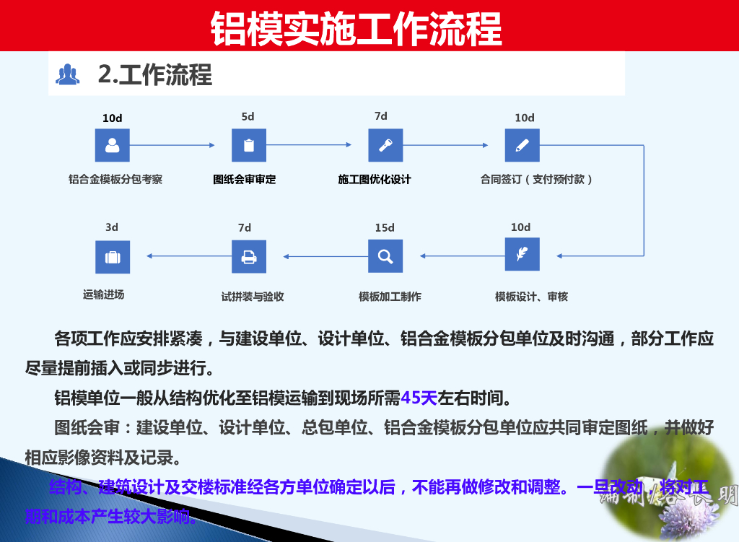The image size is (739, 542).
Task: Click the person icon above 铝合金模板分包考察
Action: click(112, 145)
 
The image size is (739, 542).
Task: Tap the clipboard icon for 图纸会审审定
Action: click(249, 145)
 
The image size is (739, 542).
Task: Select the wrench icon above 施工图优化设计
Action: click(385, 145)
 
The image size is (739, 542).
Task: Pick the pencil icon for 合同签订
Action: click(522, 145)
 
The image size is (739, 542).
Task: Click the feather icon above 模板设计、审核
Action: click(522, 255)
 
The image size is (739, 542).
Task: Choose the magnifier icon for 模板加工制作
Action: click(385, 255)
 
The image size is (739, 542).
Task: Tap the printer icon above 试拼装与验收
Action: click(249, 255)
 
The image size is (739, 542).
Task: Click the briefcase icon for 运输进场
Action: click(112, 257)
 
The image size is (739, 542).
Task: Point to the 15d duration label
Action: click(385, 228)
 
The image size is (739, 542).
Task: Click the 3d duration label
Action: click(112, 227)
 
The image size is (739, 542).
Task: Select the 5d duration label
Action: click(248, 116)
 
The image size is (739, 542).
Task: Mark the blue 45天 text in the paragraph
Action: click(419, 398)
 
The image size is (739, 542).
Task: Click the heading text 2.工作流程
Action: click(155, 74)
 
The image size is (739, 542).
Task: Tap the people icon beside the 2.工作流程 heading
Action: click(68, 74)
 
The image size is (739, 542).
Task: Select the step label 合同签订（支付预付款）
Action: click(537, 180)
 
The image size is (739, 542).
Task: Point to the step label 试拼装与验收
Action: click(253, 297)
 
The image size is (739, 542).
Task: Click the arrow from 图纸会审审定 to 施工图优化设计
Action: click(310, 145)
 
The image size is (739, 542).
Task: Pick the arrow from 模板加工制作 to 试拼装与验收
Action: click(325, 255)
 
